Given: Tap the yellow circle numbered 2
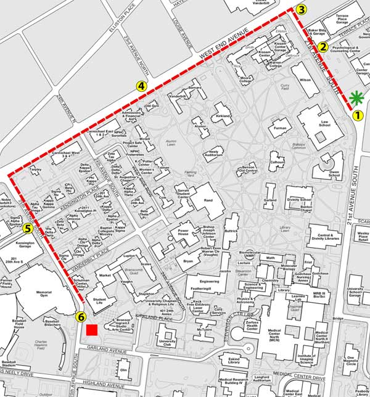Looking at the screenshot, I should point(321,47).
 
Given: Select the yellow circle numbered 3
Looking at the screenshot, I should point(301,9).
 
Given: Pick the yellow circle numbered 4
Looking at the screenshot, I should point(142,86).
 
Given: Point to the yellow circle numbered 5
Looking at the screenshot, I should point(27,228).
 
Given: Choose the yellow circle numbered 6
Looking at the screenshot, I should point(80,317).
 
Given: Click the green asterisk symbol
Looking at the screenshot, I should point(356,97).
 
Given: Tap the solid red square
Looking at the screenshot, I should point(92,330).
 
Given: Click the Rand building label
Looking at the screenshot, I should point(208,200).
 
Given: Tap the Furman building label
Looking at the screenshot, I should point(281,128).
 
